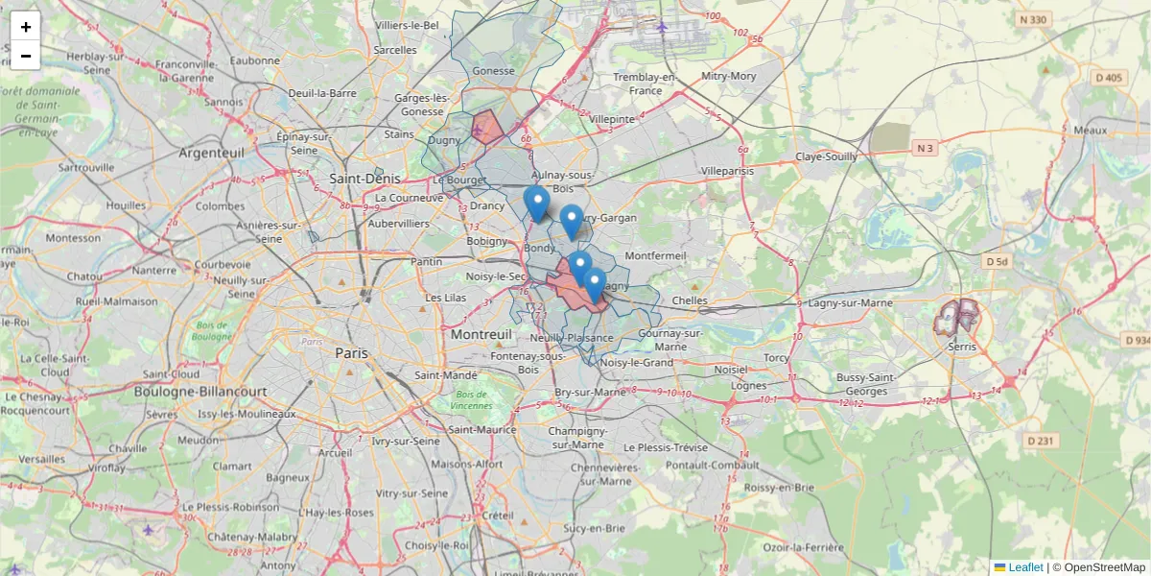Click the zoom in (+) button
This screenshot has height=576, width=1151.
point(26,27)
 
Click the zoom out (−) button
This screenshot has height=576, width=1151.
point(26,56)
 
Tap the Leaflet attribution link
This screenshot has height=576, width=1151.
point(1024,567)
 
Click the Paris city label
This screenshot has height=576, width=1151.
point(351,353)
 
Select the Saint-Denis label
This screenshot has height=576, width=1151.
point(358,179)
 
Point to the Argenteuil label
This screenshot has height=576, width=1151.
point(212,153)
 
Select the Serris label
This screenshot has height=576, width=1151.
point(961,347)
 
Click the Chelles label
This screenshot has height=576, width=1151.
point(690,300)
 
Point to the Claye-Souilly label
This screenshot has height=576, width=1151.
point(826,156)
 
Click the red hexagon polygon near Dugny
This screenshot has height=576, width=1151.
point(487,128)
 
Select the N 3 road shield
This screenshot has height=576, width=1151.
point(925,148)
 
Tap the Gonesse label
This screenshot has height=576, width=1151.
point(494,71)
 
